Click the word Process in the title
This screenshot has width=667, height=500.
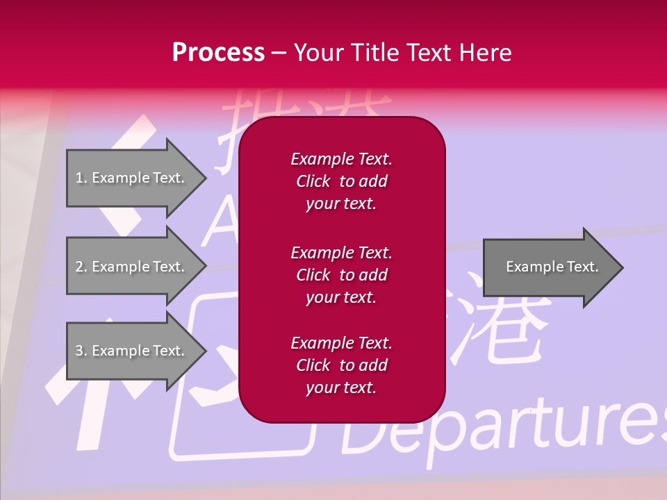pos(218,53)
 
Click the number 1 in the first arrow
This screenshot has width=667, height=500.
pos(79,178)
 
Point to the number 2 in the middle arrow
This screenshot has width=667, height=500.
pos(79,267)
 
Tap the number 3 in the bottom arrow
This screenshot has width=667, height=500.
pos(79,351)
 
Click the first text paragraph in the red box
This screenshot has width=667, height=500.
pos(341,181)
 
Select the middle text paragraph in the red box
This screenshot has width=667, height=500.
pos(341,275)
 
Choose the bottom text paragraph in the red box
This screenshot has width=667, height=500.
pos(341,365)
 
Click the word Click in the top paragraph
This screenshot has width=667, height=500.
pos(313,181)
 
